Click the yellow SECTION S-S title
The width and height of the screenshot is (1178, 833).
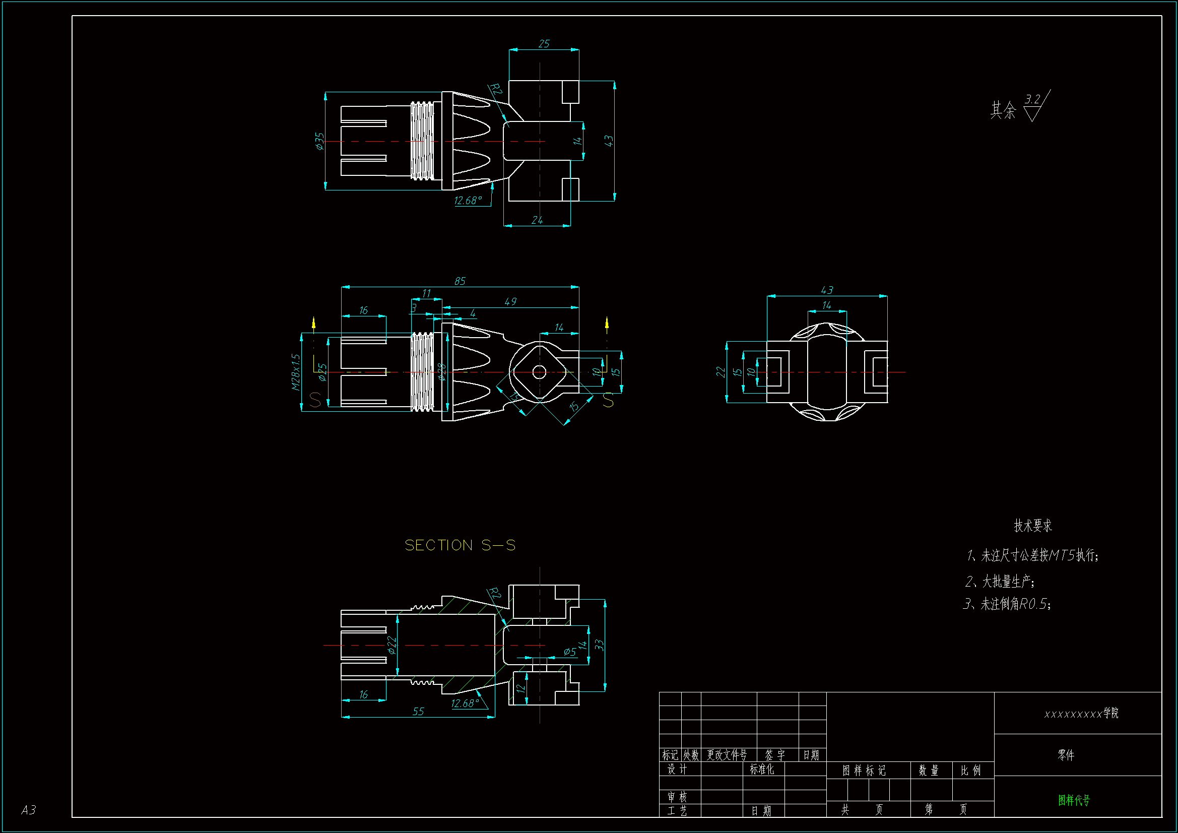click(460, 545)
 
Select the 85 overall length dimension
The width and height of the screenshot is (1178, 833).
click(460, 281)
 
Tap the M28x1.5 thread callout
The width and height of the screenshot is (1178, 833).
click(296, 372)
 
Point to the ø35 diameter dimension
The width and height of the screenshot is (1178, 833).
click(319, 141)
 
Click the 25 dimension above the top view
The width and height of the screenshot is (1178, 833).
click(544, 44)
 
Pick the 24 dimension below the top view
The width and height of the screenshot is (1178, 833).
click(537, 220)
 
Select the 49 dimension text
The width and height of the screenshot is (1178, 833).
click(510, 302)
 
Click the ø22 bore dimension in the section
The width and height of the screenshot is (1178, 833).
click(392, 645)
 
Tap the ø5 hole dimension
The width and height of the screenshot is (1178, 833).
click(569, 652)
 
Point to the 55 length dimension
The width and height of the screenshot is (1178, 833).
click(418, 712)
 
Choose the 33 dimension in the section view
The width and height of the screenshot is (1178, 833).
click(599, 645)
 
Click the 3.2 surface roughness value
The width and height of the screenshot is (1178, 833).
click(1032, 99)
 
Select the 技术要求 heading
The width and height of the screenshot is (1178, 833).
click(1032, 526)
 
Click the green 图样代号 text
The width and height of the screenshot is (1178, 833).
click(1073, 800)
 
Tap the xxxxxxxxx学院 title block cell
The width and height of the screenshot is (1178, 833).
click(1081, 714)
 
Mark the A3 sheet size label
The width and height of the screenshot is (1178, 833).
click(29, 810)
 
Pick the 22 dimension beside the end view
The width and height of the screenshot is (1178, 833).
click(721, 372)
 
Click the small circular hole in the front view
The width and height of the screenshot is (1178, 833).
click(539, 372)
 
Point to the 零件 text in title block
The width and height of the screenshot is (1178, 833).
click(1066, 755)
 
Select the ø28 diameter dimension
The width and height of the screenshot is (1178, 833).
click(441, 372)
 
